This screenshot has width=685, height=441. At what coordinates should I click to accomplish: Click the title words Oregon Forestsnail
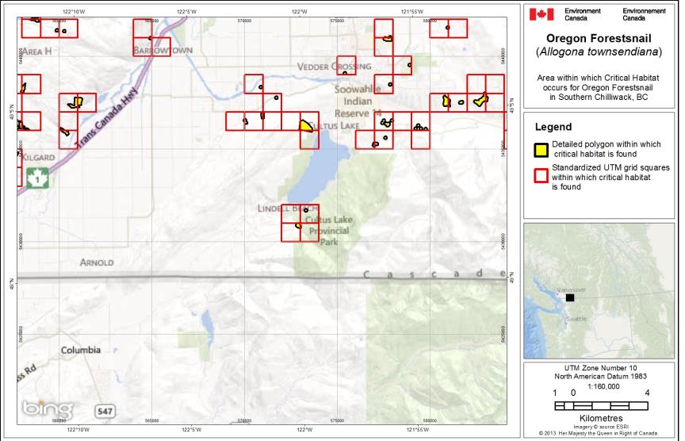click(x=599, y=38)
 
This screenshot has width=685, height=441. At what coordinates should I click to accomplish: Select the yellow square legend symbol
click(x=540, y=148)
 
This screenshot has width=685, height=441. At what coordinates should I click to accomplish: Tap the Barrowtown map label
click(x=163, y=50)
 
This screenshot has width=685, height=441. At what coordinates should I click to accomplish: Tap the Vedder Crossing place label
click(x=335, y=67)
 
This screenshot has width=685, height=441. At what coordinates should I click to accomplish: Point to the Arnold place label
click(x=96, y=262)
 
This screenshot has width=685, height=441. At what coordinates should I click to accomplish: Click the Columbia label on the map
click(x=82, y=350)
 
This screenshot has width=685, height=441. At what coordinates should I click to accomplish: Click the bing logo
click(x=47, y=408)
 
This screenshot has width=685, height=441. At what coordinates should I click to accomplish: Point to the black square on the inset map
click(x=569, y=297)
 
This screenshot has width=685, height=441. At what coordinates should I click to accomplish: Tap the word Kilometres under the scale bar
click(x=599, y=417)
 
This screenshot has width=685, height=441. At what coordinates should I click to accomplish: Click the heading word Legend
click(x=553, y=127)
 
